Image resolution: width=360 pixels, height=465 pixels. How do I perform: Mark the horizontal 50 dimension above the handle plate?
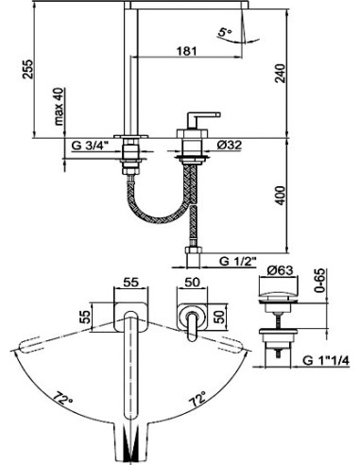[x=192, y=282]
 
